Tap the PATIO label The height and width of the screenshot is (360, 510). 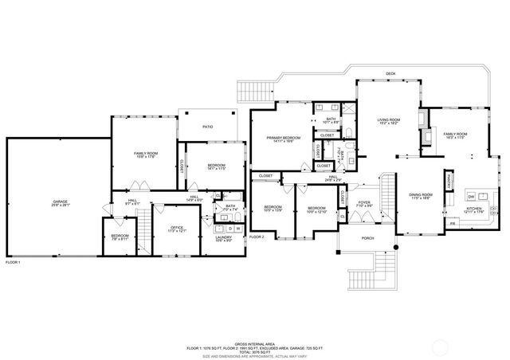point(207,127)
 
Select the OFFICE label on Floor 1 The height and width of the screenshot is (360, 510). point(177,229)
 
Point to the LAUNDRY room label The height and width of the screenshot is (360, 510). point(223,239)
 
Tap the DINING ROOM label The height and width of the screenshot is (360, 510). point(421,196)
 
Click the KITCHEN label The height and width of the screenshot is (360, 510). point(474,210)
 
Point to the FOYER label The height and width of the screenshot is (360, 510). point(364,203)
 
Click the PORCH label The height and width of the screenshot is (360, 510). point(367,238)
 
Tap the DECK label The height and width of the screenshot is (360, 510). point(390,74)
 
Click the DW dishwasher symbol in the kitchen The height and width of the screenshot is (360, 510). point(471,196)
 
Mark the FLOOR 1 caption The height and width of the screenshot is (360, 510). point(13,262)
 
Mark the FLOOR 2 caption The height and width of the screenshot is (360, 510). point(256,237)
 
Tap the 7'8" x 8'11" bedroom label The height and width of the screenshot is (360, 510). point(120,237)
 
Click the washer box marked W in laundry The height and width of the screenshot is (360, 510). point(237,229)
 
